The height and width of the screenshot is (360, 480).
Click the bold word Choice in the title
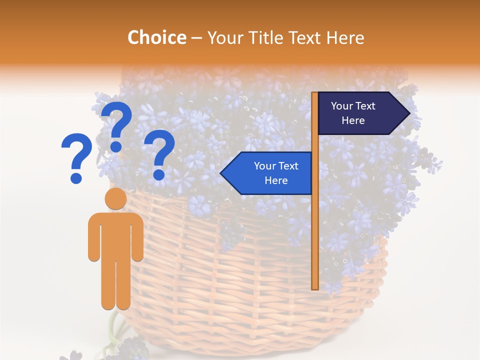click(x=156, y=38)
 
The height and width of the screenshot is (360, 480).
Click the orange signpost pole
click(x=315, y=225)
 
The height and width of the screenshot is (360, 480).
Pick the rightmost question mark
click(x=159, y=152)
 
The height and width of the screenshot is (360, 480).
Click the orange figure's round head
click(x=115, y=198)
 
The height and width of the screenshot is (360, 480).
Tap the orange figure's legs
click(x=115, y=285)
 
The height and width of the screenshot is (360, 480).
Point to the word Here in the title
click(x=345, y=38)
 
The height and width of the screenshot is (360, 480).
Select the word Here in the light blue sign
click(x=276, y=180)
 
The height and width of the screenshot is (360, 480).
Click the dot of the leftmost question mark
click(x=76, y=177)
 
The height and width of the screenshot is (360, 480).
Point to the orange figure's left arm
click(x=94, y=237)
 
